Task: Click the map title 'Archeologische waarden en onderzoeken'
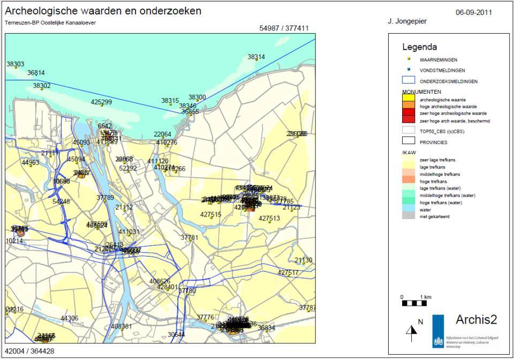click(103, 11)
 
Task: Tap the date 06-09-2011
click(473, 12)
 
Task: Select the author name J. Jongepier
click(407, 21)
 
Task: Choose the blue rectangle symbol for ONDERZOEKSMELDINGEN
click(409, 80)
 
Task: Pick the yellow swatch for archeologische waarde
click(409, 99)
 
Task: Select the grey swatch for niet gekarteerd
click(409, 216)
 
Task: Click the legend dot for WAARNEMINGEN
click(409, 58)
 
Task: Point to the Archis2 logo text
click(476, 320)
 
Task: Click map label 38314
click(256, 57)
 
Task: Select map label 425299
click(101, 102)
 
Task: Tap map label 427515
click(211, 214)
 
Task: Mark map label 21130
click(303, 260)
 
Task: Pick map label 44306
click(69, 318)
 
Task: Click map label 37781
click(190, 237)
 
